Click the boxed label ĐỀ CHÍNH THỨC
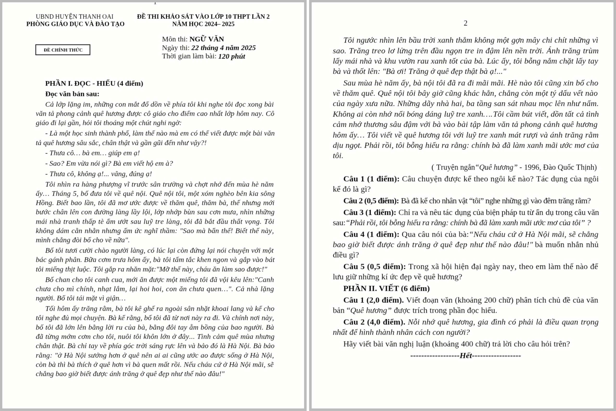[63, 50]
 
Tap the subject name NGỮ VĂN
[207, 39]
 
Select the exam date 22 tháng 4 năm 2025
[223, 48]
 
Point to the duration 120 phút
[232, 56]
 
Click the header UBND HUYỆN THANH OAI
[74, 17]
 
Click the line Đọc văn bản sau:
[72, 94]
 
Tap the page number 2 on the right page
[465, 23]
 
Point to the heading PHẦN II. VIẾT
[386, 289]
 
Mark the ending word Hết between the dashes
[466, 356]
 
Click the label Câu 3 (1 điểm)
[369, 213]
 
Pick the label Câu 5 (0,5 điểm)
[374, 267]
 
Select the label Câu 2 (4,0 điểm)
[374, 322]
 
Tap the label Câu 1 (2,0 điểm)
[373, 300]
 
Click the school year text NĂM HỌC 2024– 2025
[203, 24]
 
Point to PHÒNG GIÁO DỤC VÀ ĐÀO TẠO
[75, 24]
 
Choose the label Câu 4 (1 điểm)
[371, 235]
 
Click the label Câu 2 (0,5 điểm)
[371, 201]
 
